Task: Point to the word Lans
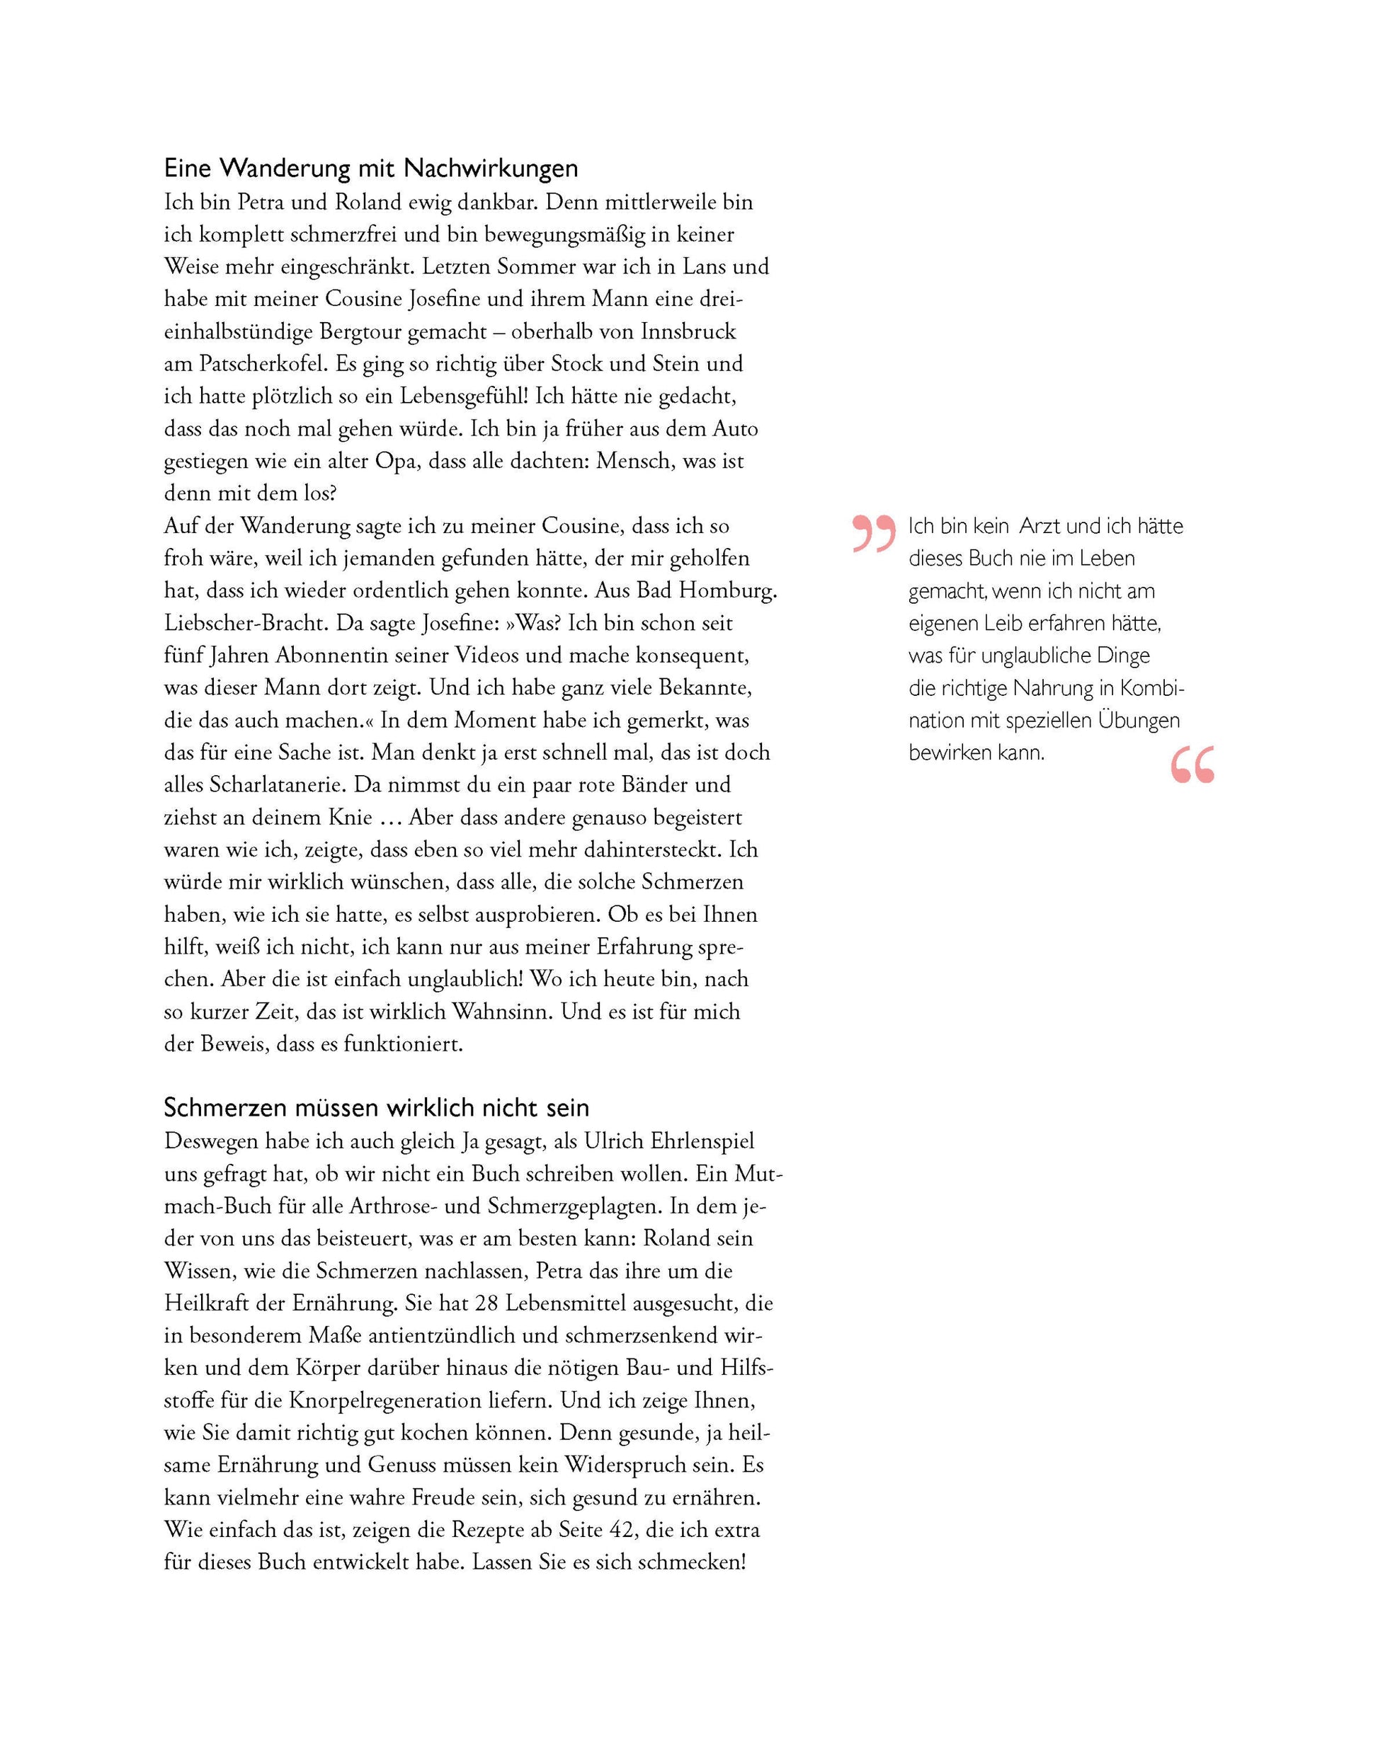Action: pyautogui.click(x=706, y=267)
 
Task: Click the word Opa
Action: pyautogui.click(x=395, y=461)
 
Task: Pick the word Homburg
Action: pyautogui.click(x=727, y=591)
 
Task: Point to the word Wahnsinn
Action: pyautogui.click(x=502, y=1012)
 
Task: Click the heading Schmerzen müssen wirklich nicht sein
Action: pyautogui.click(x=377, y=1108)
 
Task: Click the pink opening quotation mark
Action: pyautogui.click(x=873, y=533)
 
